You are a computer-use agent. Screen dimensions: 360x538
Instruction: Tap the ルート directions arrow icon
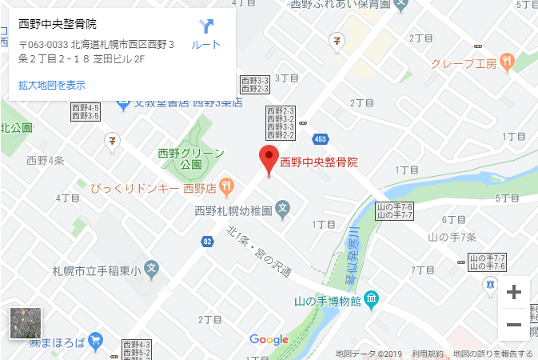tap(206, 26)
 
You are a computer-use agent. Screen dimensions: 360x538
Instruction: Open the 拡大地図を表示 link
tap(52, 85)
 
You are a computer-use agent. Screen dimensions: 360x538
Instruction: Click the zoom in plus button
tap(514, 292)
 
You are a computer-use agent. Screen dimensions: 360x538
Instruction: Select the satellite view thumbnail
tap(25, 323)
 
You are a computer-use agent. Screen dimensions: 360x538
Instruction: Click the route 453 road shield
tap(319, 138)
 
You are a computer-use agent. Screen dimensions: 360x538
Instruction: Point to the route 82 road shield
tap(208, 241)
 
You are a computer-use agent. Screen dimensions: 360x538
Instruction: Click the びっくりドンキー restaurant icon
tap(226, 186)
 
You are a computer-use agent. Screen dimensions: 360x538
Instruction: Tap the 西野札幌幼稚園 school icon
tap(282, 211)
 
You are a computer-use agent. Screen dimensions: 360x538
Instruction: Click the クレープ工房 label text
tap(464, 62)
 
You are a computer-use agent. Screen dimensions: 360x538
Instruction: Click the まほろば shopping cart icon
tap(96, 339)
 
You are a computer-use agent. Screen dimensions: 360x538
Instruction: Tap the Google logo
tap(269, 339)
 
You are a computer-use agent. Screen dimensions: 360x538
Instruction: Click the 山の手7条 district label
tap(452, 237)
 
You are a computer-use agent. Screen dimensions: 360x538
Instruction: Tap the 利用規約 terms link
tap(428, 354)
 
